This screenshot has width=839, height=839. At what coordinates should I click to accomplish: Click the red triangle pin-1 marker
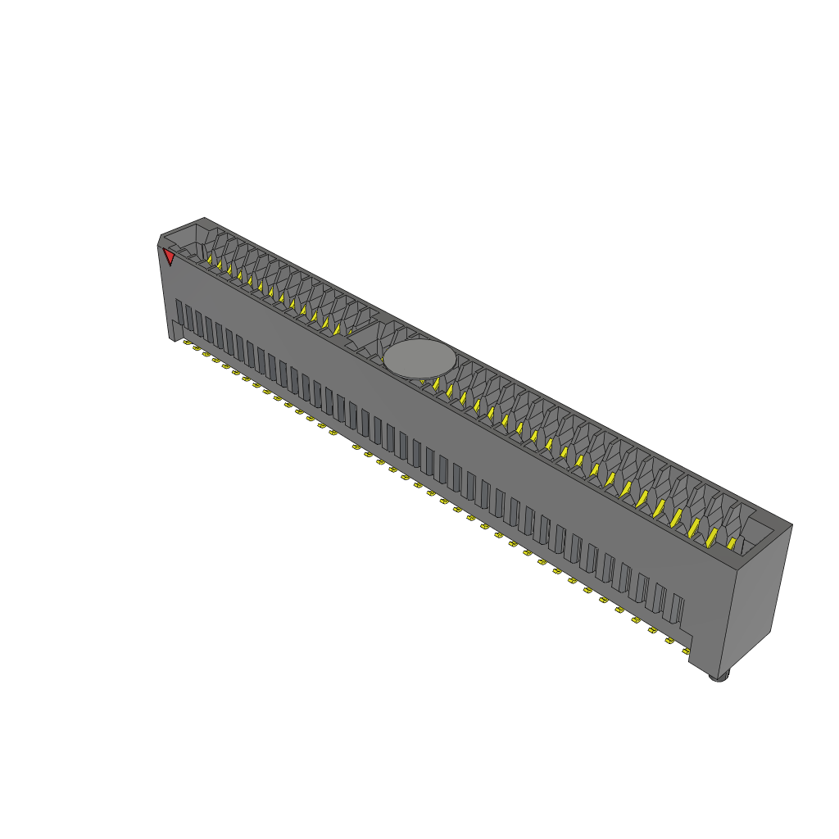coord(169,257)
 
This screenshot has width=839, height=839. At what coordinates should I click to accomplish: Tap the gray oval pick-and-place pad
coord(419,360)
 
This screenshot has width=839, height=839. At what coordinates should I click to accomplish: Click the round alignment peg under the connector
coord(719,676)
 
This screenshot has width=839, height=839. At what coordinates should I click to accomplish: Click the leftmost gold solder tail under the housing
coord(187,342)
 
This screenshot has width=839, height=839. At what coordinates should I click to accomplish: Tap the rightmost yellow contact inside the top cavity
coord(732,542)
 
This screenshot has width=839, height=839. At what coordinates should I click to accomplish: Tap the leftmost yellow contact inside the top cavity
coord(210,261)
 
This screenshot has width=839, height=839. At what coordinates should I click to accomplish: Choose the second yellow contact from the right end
coord(711,537)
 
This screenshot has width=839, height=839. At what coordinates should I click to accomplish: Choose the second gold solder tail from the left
coord(197,348)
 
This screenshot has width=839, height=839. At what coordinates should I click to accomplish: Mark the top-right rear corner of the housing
coord(791,525)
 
